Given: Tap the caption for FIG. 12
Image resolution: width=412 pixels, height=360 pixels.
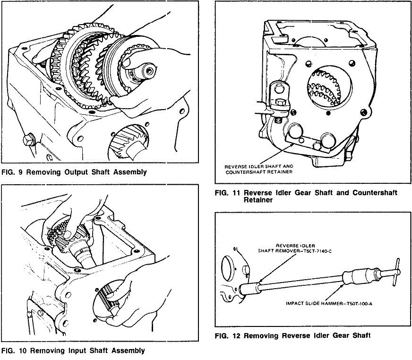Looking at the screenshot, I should (292, 336).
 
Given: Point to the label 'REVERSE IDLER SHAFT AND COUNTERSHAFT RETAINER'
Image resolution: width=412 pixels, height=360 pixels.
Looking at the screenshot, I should (259, 169).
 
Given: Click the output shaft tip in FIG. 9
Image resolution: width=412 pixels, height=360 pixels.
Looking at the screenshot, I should (148, 71).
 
